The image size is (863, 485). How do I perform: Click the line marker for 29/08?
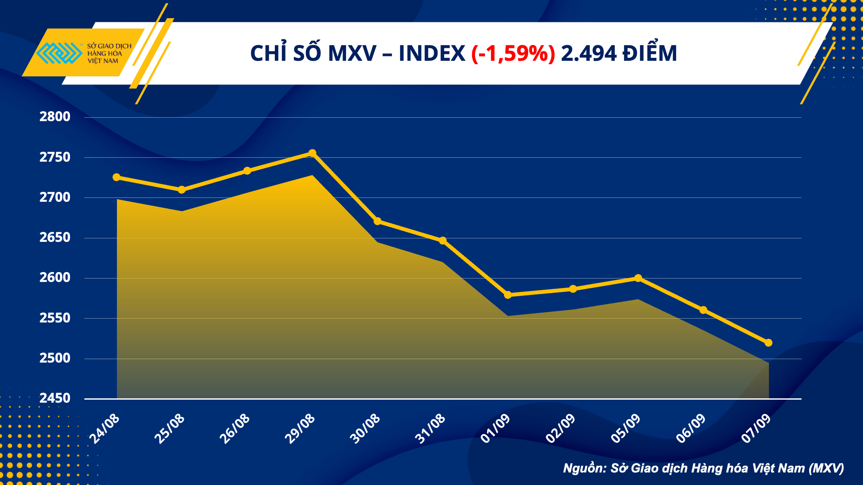coord(312,153)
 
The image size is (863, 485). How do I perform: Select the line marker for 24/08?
coord(117,177)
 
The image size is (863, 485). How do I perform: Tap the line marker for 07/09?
coord(769,343)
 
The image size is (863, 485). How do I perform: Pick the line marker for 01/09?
coord(508,295)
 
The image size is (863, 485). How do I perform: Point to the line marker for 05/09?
coord(638,278)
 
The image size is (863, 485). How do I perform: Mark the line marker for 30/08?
coord(378,221)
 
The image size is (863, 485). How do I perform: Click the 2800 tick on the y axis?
coord(55,117)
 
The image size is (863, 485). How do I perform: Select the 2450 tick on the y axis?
coord(55,398)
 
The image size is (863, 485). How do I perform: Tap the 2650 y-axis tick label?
coord(55,238)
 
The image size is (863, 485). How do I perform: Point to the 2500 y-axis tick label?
coord(55,358)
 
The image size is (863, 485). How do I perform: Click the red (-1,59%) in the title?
coord(513,54)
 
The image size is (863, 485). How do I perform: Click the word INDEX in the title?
coord(431,54)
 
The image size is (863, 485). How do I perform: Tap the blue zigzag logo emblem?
coord(59,53)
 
